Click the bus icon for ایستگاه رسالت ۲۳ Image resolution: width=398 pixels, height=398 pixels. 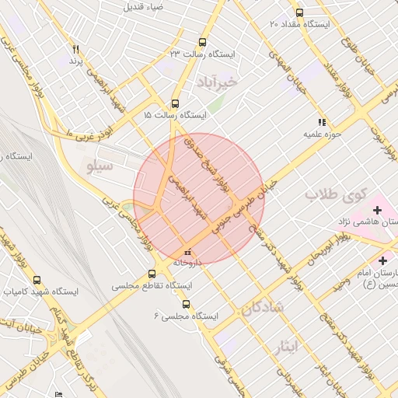coord(203,43)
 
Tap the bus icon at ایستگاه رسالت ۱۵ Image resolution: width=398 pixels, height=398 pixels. coord(174,103)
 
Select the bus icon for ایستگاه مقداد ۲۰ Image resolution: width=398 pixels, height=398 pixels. coord(300,13)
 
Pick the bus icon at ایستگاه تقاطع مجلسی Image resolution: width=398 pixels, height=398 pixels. coord(152,274)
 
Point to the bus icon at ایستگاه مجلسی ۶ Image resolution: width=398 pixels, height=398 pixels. coord(184,305)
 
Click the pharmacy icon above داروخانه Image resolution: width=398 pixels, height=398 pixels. coord(187,253)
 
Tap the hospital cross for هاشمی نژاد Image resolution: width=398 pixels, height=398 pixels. coord(378,210)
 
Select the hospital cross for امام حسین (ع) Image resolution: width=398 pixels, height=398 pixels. coord(382,260)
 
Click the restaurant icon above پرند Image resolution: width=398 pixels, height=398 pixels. coord(75,49)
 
